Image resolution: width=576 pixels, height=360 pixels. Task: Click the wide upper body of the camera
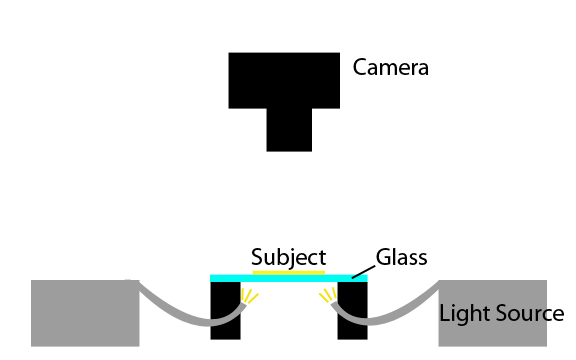[x=284, y=80]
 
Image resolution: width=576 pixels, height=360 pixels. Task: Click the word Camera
[x=390, y=68]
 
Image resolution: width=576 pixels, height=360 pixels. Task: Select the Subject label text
[x=288, y=257]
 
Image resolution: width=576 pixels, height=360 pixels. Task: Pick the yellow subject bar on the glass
[x=288, y=271]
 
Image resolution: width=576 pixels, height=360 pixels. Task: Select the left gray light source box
[x=84, y=313]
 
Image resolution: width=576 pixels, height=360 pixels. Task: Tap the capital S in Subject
[x=257, y=257]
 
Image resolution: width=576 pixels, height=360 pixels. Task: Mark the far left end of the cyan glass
[x=212, y=277]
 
